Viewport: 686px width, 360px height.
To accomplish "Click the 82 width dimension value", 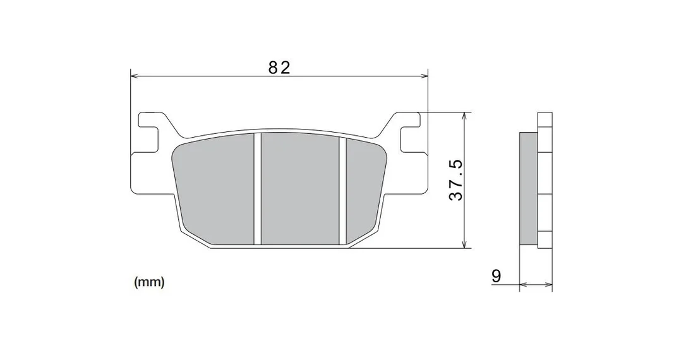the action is (x=279, y=68).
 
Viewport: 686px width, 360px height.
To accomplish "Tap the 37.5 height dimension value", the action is (x=455, y=180).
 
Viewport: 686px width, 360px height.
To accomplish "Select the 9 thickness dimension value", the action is (x=496, y=276).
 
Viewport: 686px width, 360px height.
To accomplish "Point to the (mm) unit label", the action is (x=149, y=282).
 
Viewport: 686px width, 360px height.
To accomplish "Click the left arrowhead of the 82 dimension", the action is (x=135, y=76).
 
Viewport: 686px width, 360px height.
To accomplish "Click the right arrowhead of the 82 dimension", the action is (x=423, y=76).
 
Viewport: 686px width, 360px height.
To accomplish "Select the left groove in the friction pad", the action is (x=257, y=189).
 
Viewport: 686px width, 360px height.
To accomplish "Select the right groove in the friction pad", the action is (x=342, y=191).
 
